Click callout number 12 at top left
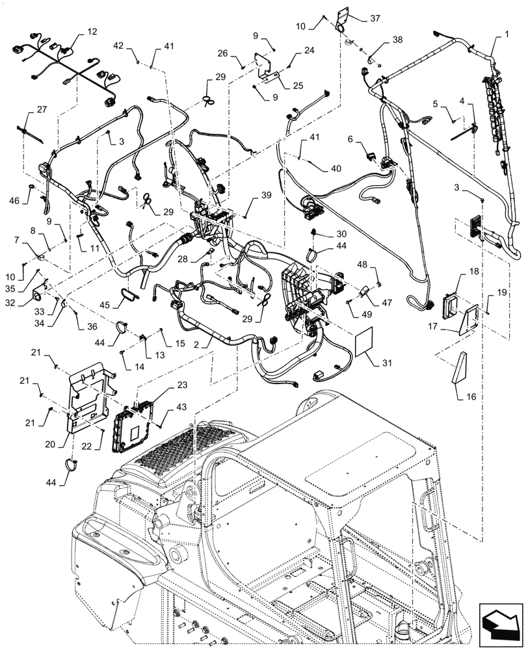(x=92, y=31)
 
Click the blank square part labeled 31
(x=363, y=342)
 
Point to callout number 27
(x=41, y=110)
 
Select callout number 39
(x=267, y=196)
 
